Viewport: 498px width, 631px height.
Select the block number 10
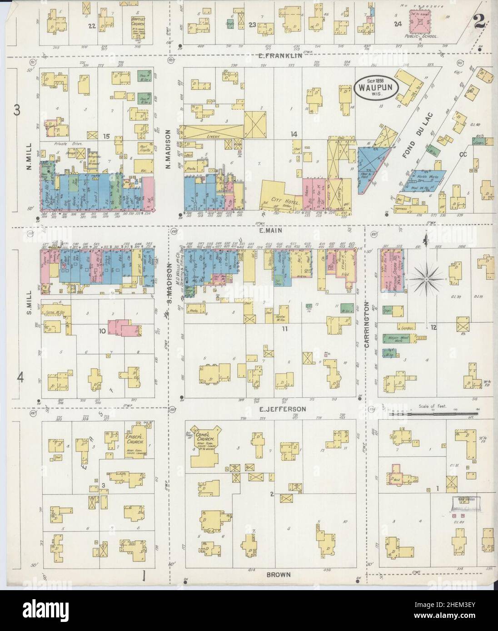[103, 331]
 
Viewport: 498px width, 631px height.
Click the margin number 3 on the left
[16, 110]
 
